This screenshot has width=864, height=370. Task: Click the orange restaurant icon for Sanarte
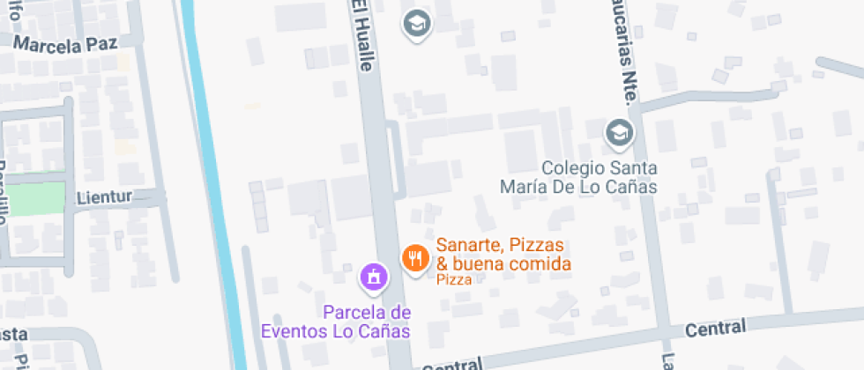click(414, 257)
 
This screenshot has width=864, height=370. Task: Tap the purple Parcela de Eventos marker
click(374, 277)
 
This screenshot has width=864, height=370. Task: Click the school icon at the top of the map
click(416, 23)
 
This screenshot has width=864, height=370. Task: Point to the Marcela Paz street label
click(65, 44)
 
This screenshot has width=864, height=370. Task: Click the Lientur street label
click(103, 196)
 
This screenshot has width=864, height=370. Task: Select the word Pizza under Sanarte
click(454, 280)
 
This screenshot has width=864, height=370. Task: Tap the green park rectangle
click(39, 198)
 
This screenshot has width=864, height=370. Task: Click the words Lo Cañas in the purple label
click(381, 331)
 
